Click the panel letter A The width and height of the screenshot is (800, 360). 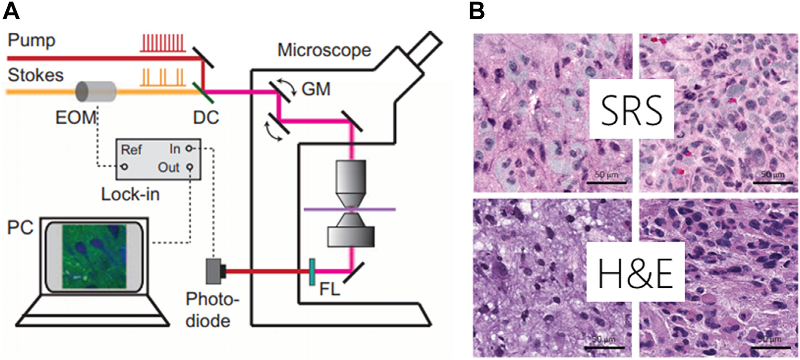point(11,11)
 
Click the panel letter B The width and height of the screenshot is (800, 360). point(476,11)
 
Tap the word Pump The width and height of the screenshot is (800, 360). point(32,40)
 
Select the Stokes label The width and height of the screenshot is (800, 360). point(36,75)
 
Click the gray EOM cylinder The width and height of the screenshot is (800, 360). point(96,91)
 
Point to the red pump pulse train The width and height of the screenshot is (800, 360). point(162,42)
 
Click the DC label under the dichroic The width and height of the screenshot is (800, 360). point(206,117)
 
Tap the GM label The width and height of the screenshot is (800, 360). point(316,89)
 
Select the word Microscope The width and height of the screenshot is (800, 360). point(324,50)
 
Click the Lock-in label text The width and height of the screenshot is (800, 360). point(130,194)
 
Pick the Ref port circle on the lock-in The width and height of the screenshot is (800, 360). point(124,167)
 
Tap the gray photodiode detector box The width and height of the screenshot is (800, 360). point(213,271)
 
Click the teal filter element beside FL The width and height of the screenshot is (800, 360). point(312,272)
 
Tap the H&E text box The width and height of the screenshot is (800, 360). point(635,272)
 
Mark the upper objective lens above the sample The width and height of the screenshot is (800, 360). point(351,183)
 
